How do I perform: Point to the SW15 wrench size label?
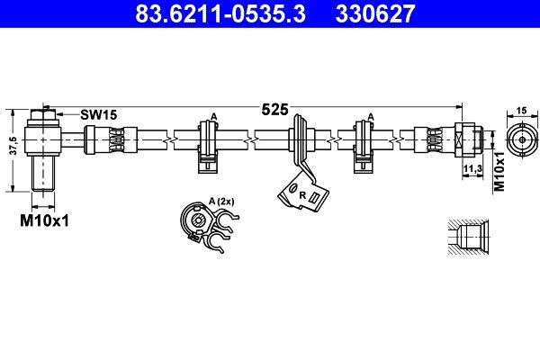pyautogui.click(x=99, y=115)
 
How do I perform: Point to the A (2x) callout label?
pyautogui.click(x=220, y=202)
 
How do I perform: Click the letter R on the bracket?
pyautogui.click(x=302, y=195)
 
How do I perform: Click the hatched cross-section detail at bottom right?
pyautogui.click(x=467, y=238)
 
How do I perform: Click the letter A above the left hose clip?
pyautogui.click(x=213, y=116)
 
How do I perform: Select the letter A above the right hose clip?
pyautogui.click(x=370, y=116)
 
